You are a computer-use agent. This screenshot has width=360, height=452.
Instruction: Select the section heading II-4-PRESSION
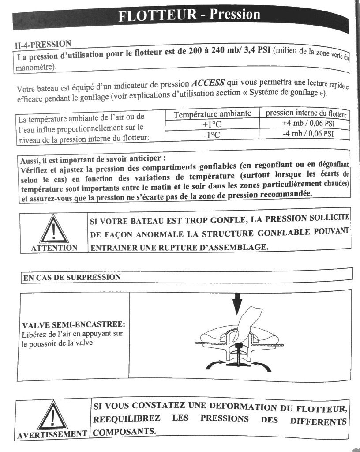click(x=43, y=45)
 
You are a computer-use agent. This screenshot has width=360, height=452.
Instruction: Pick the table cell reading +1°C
click(x=211, y=125)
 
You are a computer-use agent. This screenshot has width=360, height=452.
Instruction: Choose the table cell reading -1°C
click(x=211, y=135)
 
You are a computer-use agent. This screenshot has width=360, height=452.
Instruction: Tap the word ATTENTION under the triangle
click(x=54, y=248)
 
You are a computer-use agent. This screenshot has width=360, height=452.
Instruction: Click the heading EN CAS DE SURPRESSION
click(x=72, y=278)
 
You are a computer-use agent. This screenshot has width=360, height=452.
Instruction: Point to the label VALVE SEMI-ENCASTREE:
click(x=73, y=326)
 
